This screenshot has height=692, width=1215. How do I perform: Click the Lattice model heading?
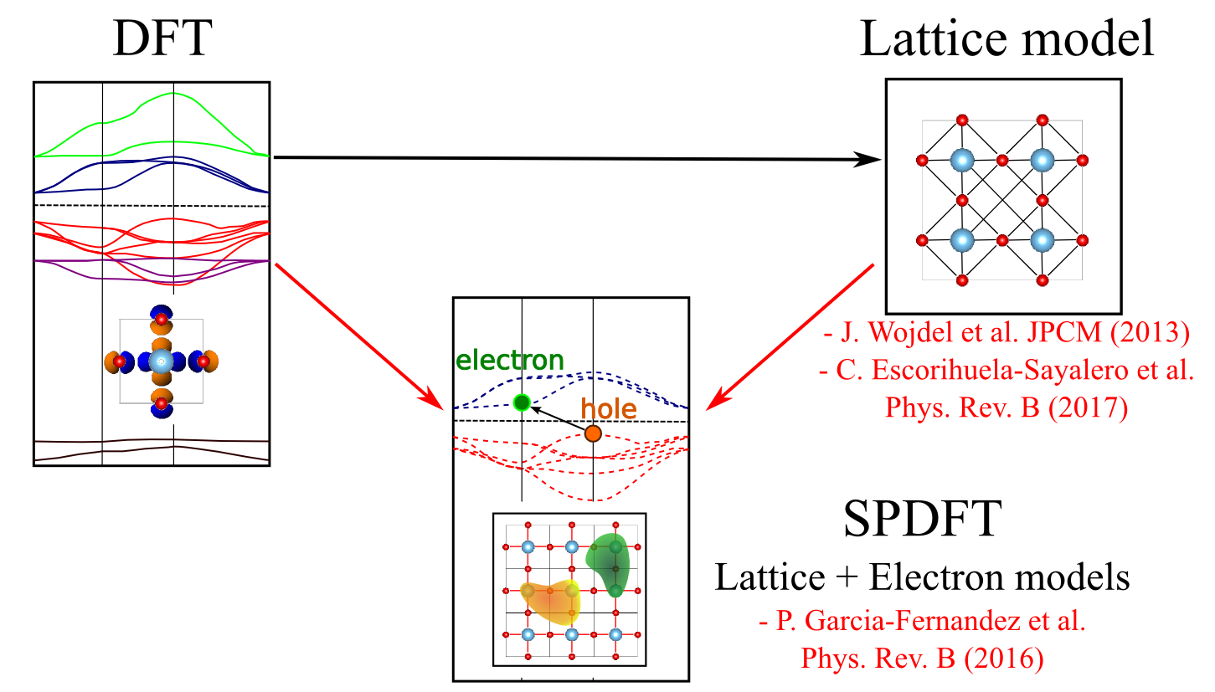click(x=1007, y=39)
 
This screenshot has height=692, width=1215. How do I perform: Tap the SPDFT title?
click(x=922, y=520)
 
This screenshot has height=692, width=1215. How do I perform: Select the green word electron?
click(x=510, y=361)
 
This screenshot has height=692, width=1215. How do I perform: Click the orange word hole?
click(x=609, y=410)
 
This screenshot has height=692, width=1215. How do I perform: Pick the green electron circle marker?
click(x=522, y=402)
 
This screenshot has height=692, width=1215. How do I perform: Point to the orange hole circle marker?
click(x=593, y=433)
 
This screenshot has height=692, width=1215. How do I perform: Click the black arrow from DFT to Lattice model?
click(x=578, y=157)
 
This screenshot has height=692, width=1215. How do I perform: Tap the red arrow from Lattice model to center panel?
click(x=791, y=336)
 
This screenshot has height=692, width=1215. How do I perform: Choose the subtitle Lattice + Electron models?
click(x=922, y=578)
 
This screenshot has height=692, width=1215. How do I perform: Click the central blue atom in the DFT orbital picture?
click(x=161, y=361)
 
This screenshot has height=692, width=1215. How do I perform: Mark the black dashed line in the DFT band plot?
click(x=151, y=205)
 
